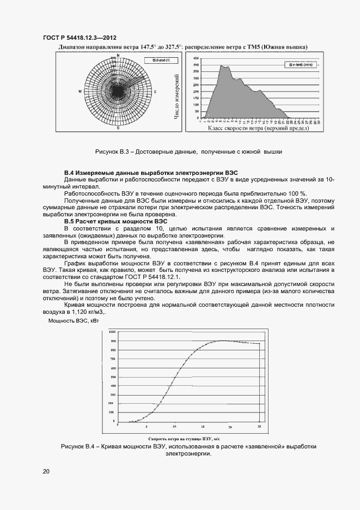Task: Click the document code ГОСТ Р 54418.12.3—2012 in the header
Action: [80, 38]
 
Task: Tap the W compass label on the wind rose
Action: [80, 92]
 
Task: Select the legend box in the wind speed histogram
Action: [295, 64]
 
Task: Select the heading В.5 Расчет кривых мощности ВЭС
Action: [115, 222]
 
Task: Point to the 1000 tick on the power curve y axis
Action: [112, 332]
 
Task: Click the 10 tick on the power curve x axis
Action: [174, 427]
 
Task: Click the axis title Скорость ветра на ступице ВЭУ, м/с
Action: [184, 439]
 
